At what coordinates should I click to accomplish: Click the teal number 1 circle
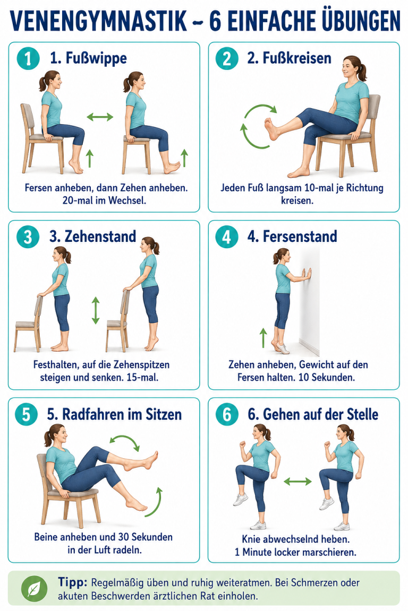tap(28, 58)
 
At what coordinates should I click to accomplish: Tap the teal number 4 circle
tap(227, 237)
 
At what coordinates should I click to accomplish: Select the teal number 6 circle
tap(227, 414)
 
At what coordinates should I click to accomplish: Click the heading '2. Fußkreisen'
tap(289, 58)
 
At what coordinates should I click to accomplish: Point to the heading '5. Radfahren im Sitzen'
tap(114, 414)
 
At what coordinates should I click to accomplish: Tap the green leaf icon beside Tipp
tap(35, 589)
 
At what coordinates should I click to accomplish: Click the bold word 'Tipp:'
tap(73, 582)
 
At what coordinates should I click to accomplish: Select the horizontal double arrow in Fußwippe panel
tap(100, 117)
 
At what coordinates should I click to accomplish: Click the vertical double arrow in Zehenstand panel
tap(96, 310)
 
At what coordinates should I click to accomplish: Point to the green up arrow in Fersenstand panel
tap(263, 337)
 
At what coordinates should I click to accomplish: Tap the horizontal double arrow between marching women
tap(297, 482)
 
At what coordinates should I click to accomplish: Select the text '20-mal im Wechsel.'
tap(104, 200)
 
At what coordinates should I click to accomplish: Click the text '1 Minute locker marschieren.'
tap(295, 552)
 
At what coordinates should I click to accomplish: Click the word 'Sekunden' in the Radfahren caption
tap(151, 537)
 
